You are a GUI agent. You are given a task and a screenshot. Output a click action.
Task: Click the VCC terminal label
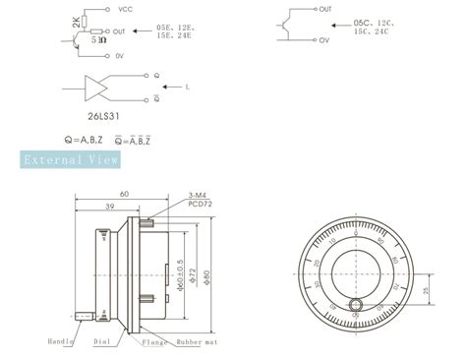125,9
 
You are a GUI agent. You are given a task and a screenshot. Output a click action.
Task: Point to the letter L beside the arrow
186,87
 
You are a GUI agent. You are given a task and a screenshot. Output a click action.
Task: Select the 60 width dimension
123,194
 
